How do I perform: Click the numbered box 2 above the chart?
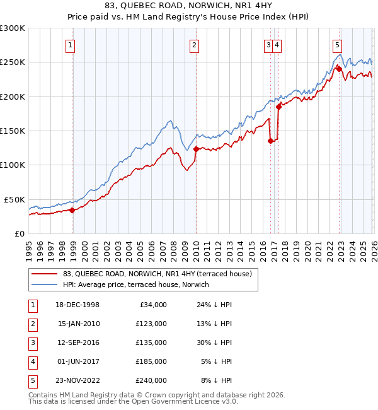(x=195, y=45)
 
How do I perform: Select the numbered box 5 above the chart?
(x=338, y=45)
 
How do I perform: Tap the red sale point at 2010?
(x=196, y=149)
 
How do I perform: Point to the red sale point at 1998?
(x=72, y=210)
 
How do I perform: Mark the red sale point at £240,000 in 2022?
(x=338, y=67)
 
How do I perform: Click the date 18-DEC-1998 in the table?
(x=79, y=305)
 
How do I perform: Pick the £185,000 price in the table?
(x=151, y=361)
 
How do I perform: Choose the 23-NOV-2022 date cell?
(x=79, y=380)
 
